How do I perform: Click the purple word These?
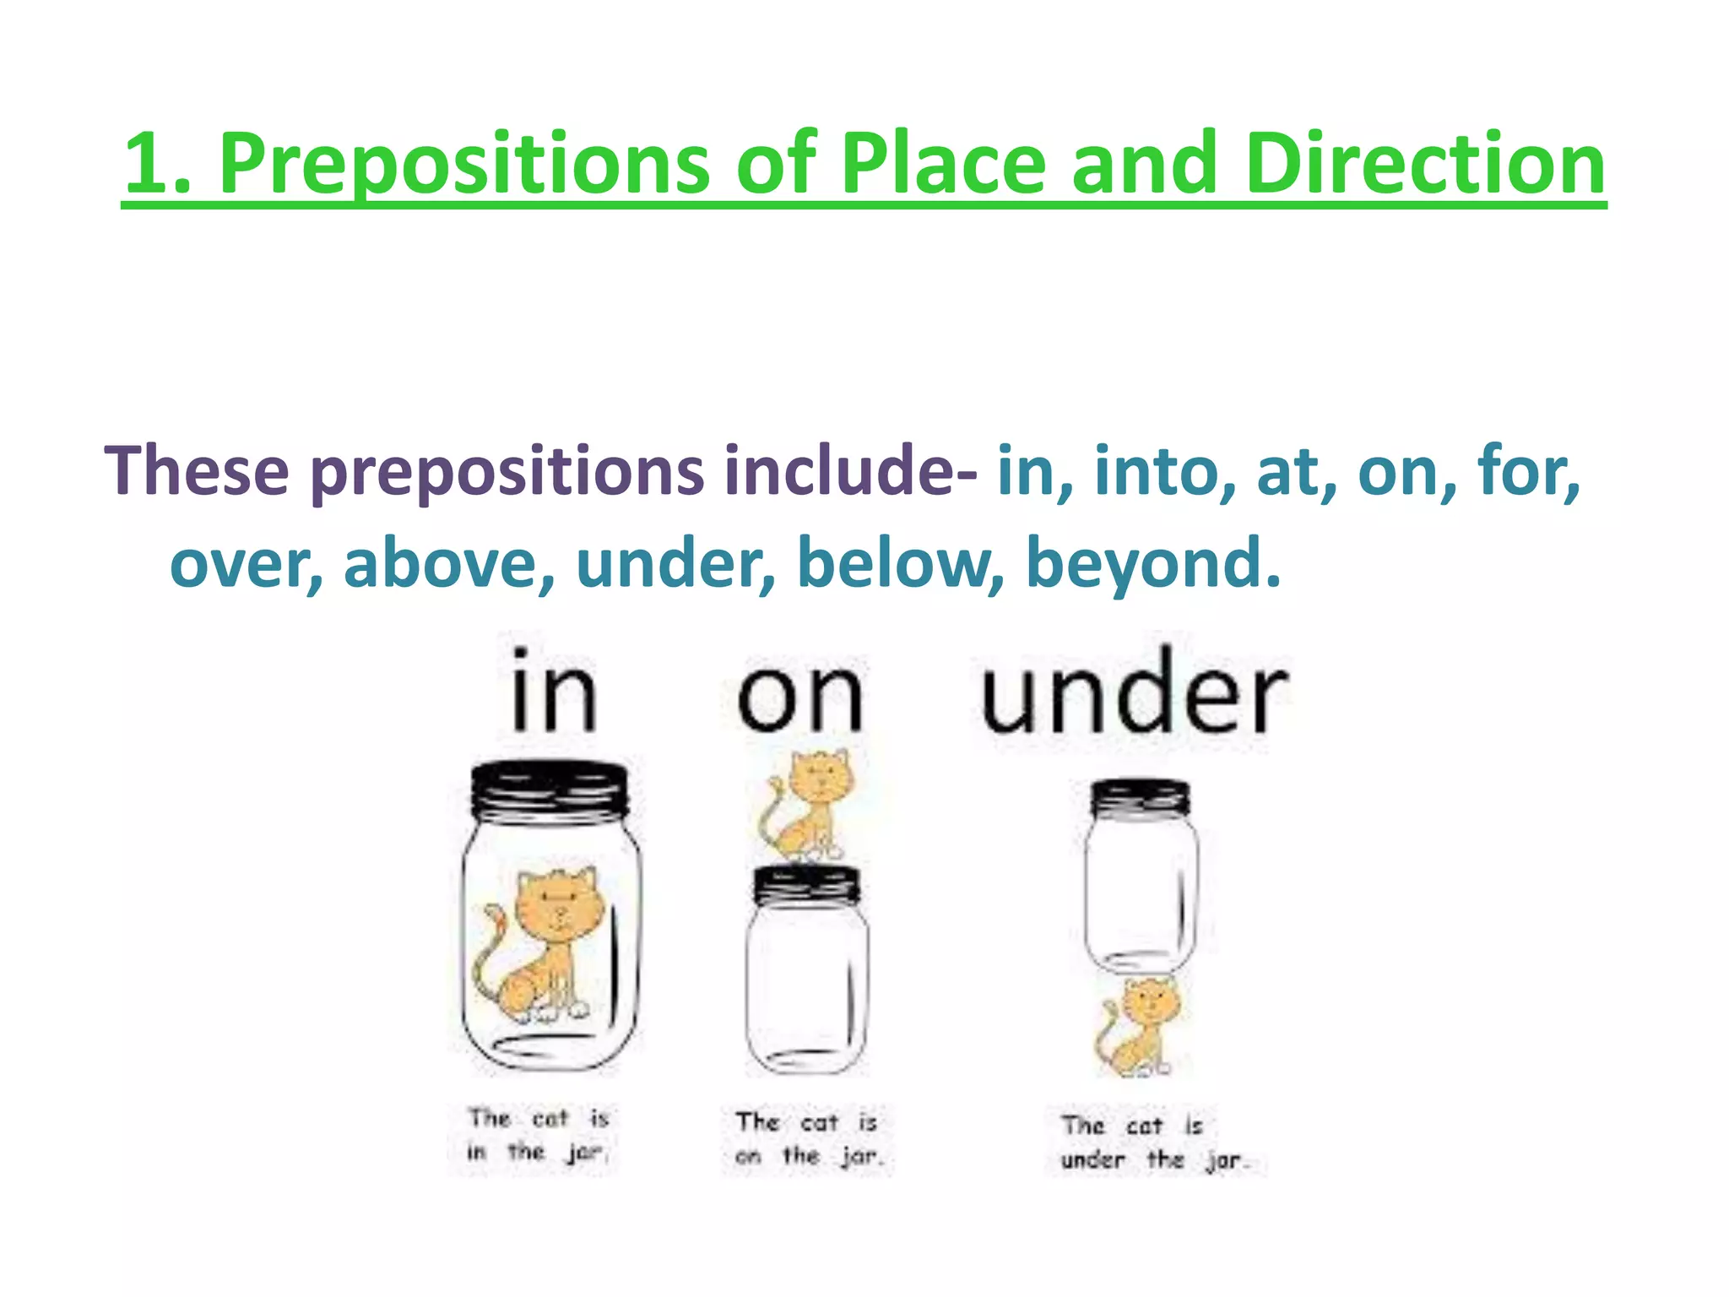coord(197,471)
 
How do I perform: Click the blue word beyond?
coord(1152,563)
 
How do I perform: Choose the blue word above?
coord(448,563)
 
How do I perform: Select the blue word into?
coord(1165,471)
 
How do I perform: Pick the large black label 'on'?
coord(800,697)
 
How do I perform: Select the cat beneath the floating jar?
coord(1140,1026)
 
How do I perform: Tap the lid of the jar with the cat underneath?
coord(1140,798)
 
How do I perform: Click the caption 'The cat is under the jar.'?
coord(1152,1142)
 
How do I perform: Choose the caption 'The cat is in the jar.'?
coord(539,1135)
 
